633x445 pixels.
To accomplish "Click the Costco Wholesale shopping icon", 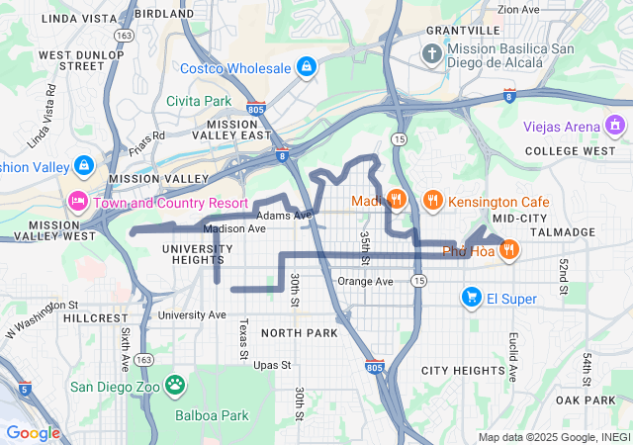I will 307,67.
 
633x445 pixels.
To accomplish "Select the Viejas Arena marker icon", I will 615,126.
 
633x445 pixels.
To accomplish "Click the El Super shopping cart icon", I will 472,297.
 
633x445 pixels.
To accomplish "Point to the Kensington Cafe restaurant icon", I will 432,201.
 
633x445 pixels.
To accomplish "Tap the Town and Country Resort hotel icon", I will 77,202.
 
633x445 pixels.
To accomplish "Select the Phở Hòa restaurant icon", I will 508,249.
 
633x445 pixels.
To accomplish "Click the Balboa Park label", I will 212,415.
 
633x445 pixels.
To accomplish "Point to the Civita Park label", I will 198,101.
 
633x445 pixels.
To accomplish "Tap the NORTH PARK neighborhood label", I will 299,332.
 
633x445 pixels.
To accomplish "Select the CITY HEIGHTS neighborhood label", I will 463,370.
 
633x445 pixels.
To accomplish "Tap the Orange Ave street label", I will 365,281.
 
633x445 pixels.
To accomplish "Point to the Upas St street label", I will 272,365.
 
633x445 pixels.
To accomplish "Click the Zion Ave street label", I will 519,9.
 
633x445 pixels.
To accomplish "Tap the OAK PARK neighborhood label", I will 586,400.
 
